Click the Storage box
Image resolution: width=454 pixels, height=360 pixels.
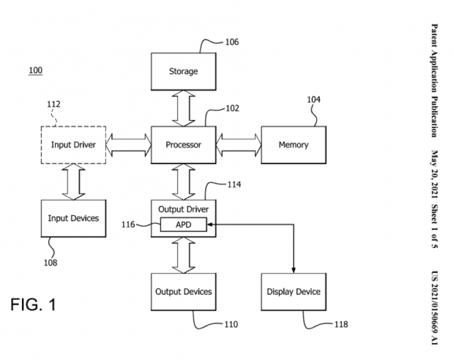183,72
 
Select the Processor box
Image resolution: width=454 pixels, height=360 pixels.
183,145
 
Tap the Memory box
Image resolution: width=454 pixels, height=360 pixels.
293,145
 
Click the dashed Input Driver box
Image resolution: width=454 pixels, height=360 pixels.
72,145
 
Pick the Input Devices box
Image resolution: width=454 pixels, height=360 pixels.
72,218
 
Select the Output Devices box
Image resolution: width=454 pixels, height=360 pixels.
183,291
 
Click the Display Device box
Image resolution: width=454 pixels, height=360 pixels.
293,291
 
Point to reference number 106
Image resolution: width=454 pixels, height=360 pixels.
231,42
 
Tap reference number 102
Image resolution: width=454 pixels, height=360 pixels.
231,108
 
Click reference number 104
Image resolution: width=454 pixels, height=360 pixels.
313,100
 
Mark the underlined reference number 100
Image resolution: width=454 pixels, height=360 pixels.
35,70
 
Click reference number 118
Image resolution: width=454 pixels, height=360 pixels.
340,324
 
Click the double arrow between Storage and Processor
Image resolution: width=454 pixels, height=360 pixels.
183,108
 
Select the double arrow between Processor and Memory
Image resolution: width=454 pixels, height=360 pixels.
238,145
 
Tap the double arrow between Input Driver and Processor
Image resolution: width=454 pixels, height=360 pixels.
128,145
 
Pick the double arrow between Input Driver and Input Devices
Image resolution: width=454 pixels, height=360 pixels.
72,181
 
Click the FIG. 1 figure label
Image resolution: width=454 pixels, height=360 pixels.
32,304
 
